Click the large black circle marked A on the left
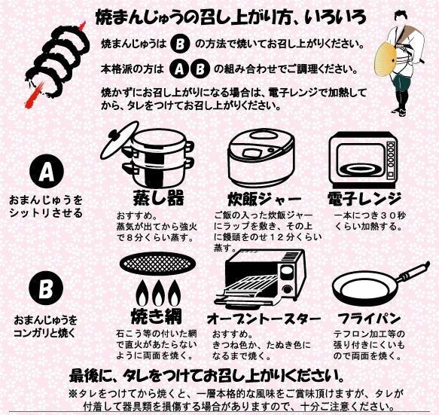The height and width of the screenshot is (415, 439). click(x=46, y=172)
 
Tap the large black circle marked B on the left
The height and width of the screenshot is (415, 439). click(x=45, y=288)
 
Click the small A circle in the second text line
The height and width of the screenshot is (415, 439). click(x=178, y=69)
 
